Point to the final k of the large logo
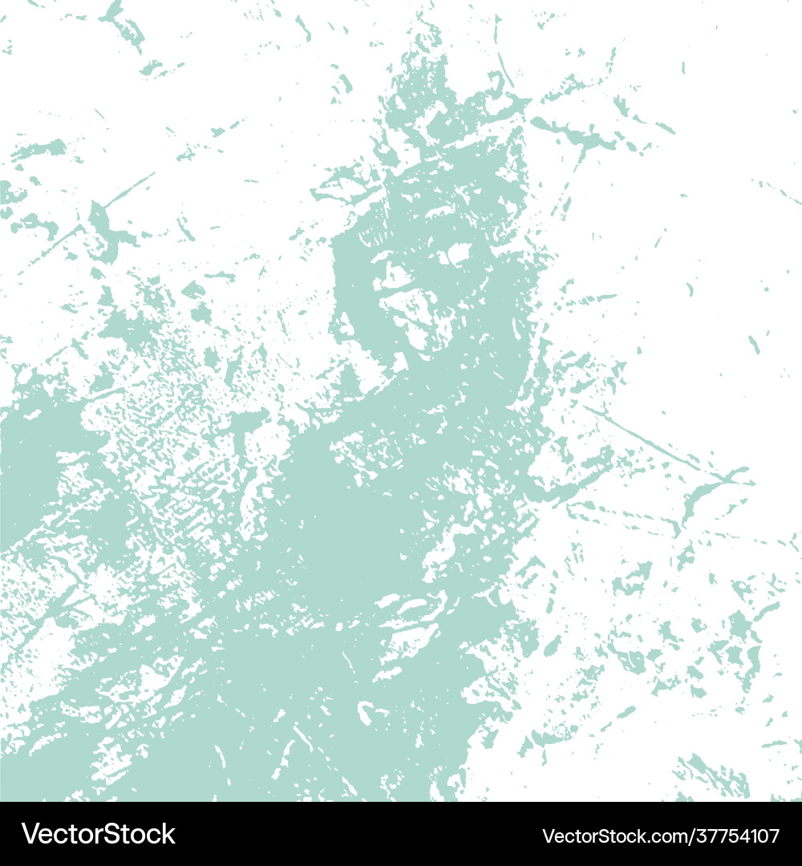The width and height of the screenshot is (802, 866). (168, 834)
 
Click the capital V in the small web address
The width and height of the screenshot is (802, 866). (549, 836)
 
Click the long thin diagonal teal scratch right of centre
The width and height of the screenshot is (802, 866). (642, 438)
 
